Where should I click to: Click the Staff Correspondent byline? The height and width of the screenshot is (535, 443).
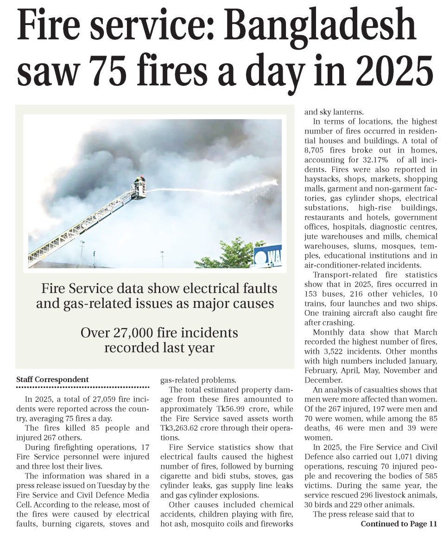click(x=52, y=379)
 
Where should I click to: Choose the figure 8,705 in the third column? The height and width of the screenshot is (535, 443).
click(x=315, y=150)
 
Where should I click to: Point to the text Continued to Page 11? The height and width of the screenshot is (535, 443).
click(x=399, y=523)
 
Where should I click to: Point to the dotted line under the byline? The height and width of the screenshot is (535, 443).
click(x=83, y=387)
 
